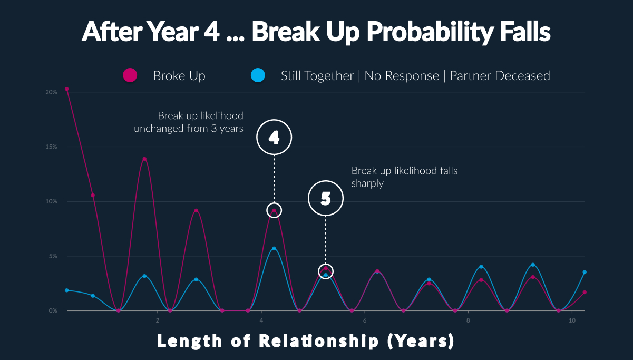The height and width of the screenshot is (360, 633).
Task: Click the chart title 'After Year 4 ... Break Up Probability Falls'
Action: (x=316, y=32)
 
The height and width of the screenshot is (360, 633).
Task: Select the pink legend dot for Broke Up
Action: (x=130, y=75)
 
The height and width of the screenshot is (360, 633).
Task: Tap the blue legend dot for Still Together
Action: (x=258, y=75)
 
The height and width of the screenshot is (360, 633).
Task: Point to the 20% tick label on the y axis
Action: (x=51, y=92)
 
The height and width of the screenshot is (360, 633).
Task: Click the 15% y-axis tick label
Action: (x=51, y=147)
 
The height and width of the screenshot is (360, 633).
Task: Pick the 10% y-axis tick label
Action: (x=51, y=201)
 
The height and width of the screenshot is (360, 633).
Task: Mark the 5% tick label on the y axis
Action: (x=53, y=256)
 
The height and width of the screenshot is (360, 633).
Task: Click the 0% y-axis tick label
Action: (x=53, y=311)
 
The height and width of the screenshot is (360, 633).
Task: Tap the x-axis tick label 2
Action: (x=158, y=320)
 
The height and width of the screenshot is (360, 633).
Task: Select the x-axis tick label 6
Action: (x=365, y=320)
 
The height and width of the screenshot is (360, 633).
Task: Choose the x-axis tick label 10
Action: (x=572, y=320)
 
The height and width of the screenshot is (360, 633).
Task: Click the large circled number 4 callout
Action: (x=274, y=120)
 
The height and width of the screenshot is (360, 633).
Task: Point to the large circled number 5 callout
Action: (x=326, y=181)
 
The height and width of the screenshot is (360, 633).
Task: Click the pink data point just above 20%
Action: (x=67, y=89)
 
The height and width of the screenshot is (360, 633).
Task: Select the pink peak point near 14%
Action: (x=144, y=159)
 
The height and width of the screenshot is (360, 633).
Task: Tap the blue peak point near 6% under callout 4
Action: (x=274, y=248)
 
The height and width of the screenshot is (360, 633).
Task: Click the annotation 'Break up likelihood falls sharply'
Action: (x=404, y=177)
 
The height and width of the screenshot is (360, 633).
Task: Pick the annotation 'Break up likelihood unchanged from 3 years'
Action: (x=189, y=122)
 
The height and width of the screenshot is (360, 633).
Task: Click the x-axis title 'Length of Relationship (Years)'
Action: (x=306, y=341)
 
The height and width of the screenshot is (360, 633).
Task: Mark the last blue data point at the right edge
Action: (x=585, y=272)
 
